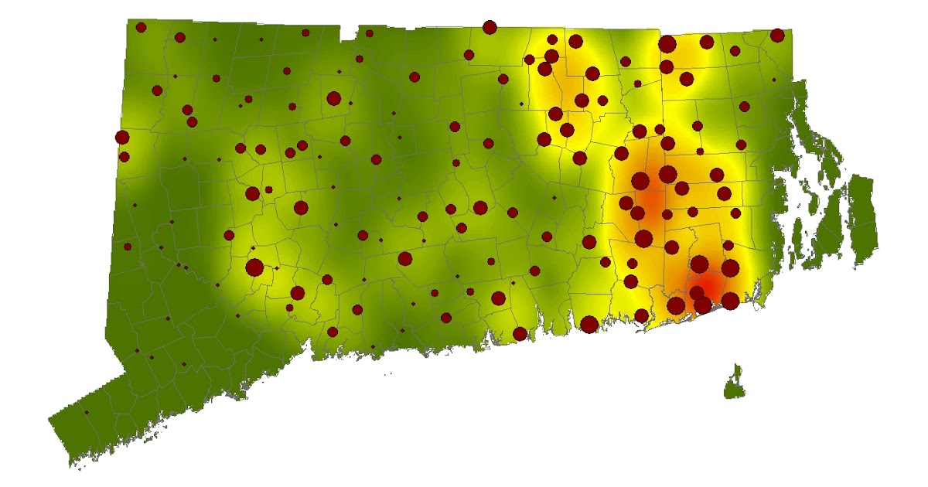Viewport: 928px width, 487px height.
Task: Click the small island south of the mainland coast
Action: pos(735,384)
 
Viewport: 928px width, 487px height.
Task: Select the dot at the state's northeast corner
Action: pos(777,35)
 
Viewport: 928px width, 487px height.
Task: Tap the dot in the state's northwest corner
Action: pos(141,27)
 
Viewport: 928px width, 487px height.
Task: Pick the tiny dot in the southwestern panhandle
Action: pos(86,413)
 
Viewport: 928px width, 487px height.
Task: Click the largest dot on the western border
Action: pos(121,138)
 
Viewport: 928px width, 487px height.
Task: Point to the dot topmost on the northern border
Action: pos(489,27)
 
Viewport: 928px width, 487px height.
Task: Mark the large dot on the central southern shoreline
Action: pos(589,324)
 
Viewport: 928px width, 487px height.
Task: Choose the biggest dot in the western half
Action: pos(254,267)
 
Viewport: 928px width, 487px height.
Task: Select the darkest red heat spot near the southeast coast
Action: pos(708,288)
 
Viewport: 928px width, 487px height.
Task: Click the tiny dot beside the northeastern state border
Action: pos(773,80)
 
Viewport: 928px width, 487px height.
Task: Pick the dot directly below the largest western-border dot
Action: pos(124,157)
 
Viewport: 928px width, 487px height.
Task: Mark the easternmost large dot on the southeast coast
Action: pos(730,301)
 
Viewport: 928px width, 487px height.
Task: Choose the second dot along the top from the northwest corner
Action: pos(180,37)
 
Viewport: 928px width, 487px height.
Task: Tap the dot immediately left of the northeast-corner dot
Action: pos(734,50)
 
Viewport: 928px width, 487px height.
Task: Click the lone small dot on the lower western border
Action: pos(128,247)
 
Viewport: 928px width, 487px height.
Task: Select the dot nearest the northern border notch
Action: pos(370,33)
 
